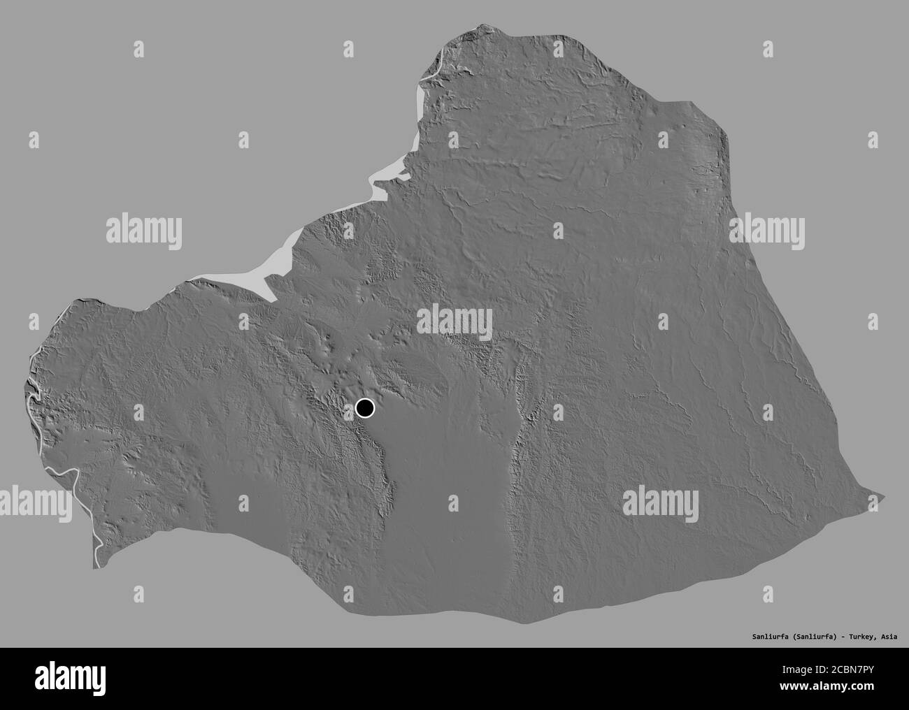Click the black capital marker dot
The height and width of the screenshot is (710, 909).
(x=365, y=408)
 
